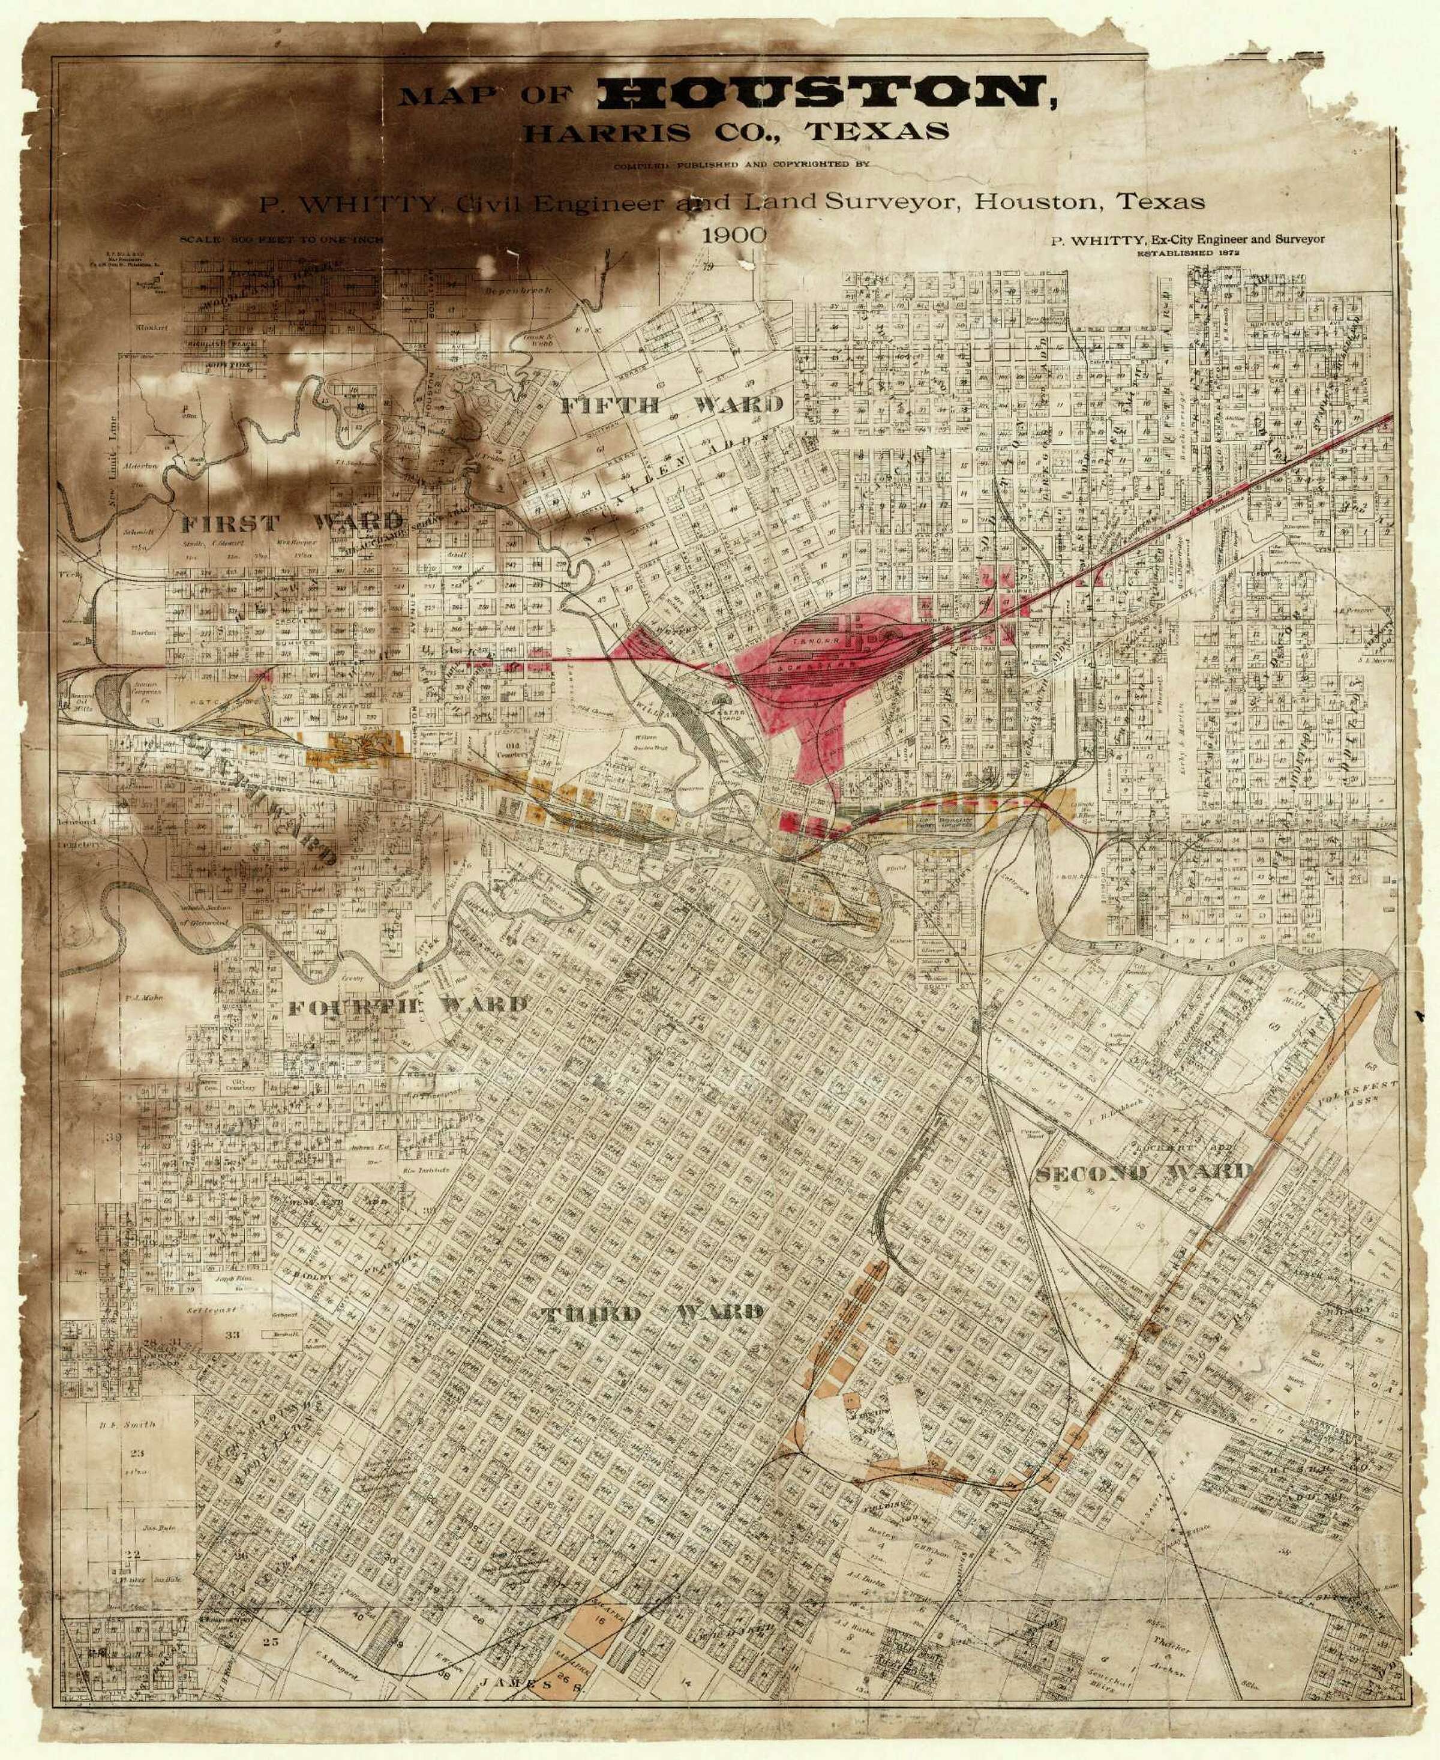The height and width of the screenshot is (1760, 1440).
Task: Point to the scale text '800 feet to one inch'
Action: [281, 239]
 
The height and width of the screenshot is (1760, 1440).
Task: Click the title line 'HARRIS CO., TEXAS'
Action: [735, 132]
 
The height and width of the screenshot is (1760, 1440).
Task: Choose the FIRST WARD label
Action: [291, 523]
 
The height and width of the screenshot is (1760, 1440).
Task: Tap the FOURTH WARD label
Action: [406, 1007]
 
